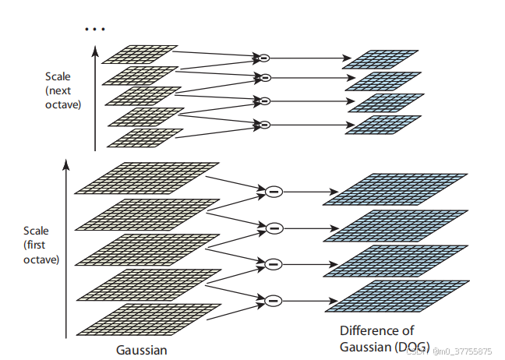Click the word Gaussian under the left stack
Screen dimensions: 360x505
[142, 349]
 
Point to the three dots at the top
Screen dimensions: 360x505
[94, 29]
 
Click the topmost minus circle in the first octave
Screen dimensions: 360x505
[273, 191]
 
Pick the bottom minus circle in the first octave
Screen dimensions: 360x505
[273, 300]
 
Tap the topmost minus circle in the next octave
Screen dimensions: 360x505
[264, 58]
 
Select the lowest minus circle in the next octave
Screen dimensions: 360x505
[264, 124]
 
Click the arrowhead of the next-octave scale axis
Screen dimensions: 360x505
[95, 51]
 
